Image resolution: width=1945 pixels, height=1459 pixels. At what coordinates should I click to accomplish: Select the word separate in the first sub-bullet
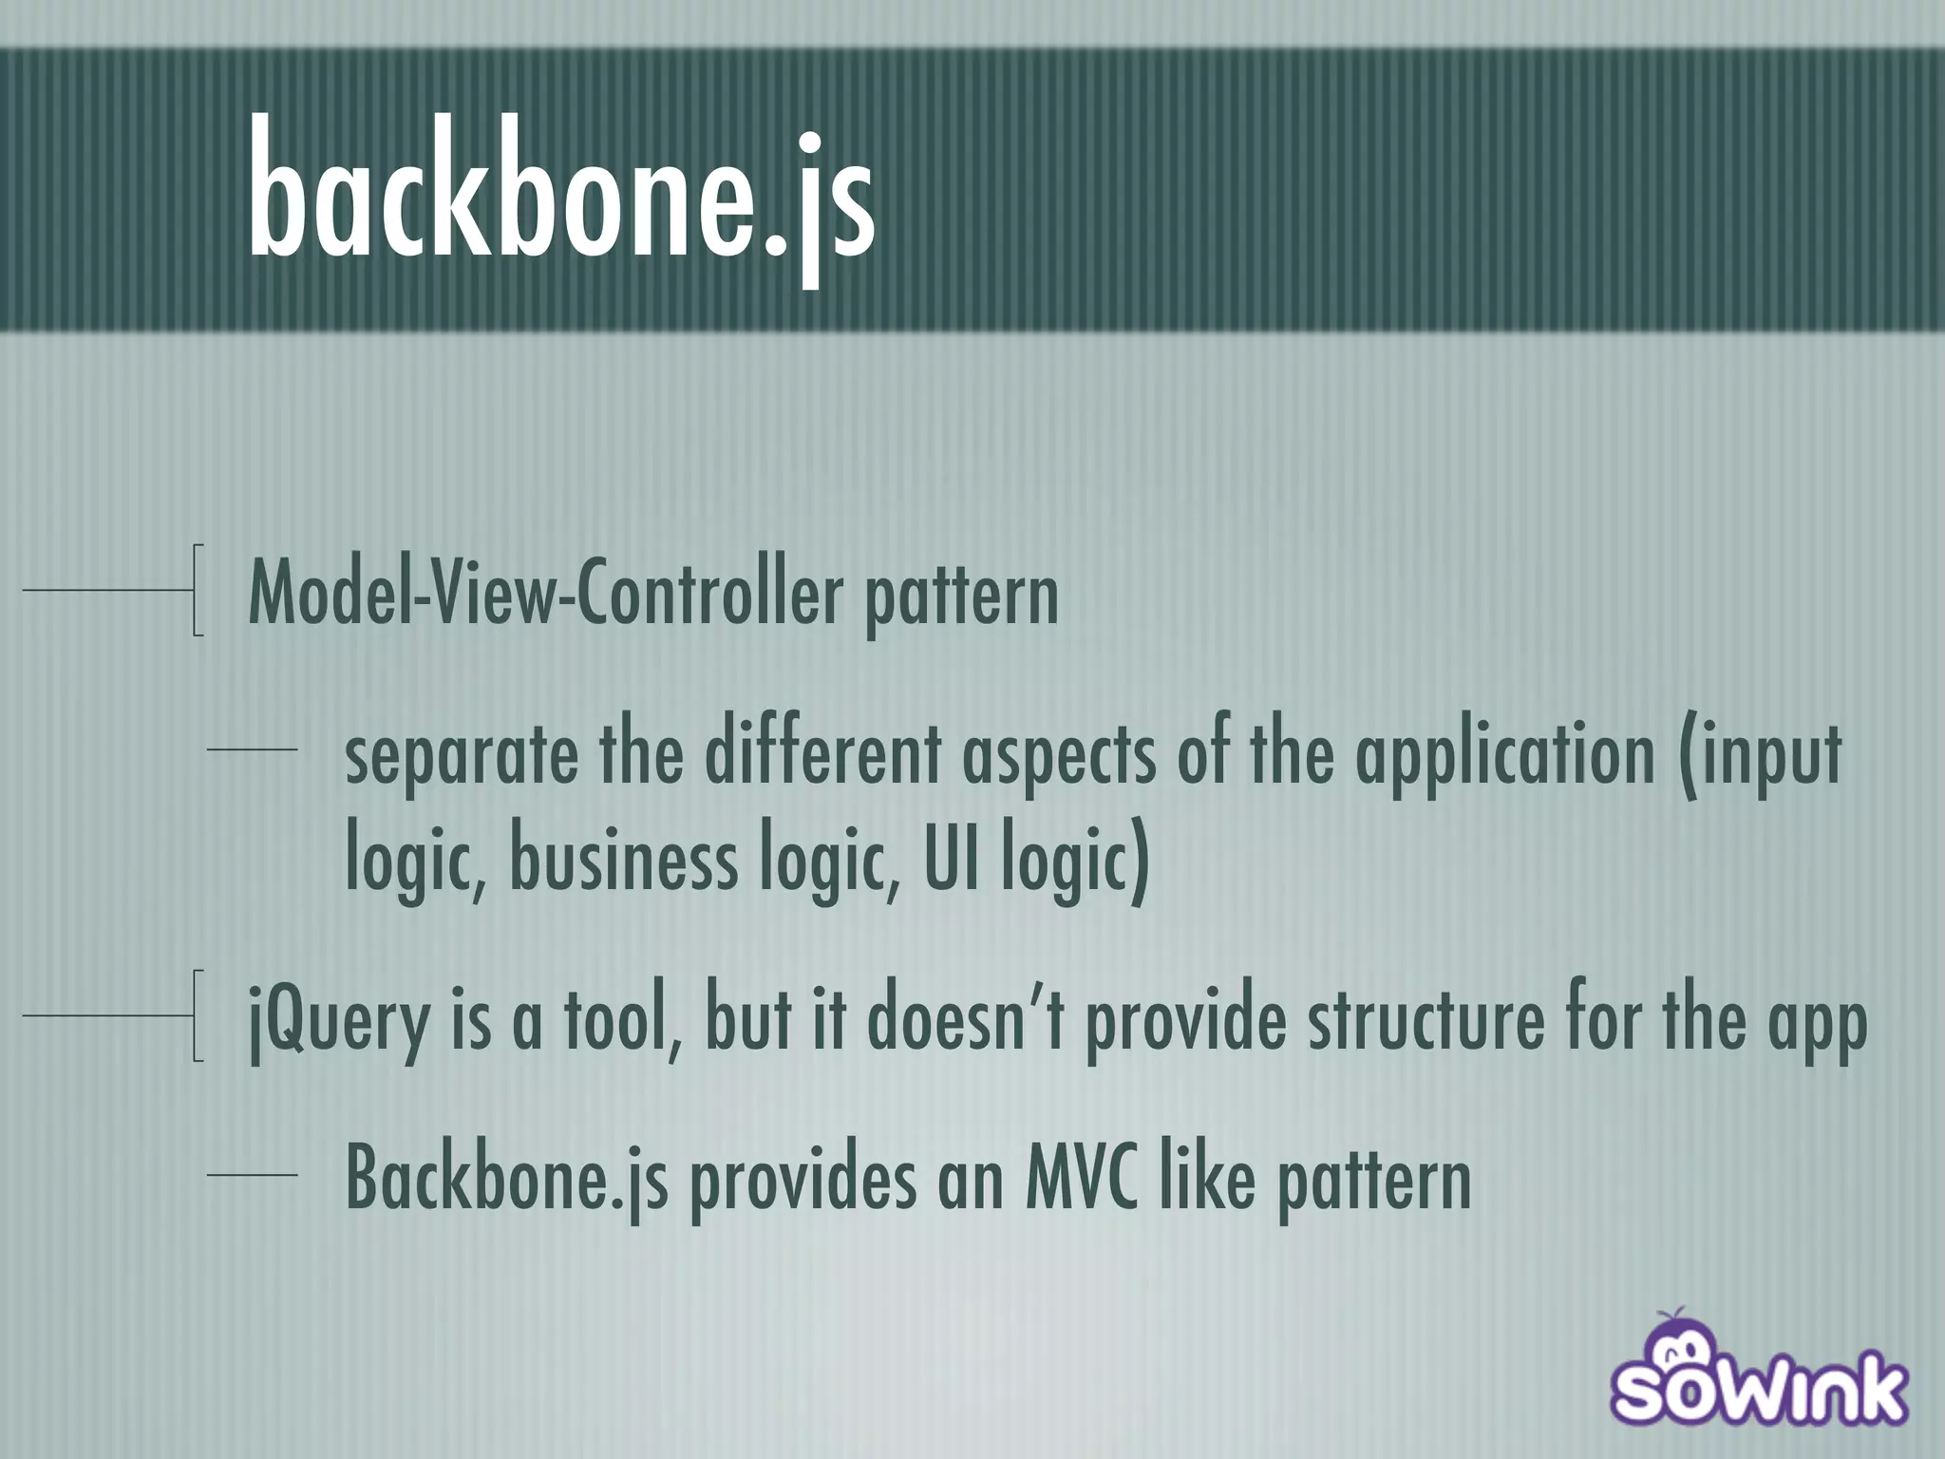(462, 755)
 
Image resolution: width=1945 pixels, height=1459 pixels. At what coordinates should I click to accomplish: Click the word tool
(622, 1020)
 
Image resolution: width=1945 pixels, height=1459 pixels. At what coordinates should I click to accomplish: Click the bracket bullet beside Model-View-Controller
(196, 589)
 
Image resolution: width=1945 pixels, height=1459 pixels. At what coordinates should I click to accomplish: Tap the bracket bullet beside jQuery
(196, 1015)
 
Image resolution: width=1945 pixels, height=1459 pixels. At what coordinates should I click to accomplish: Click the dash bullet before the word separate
(252, 751)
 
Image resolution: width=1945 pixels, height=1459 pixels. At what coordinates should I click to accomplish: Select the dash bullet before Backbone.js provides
(252, 1176)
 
